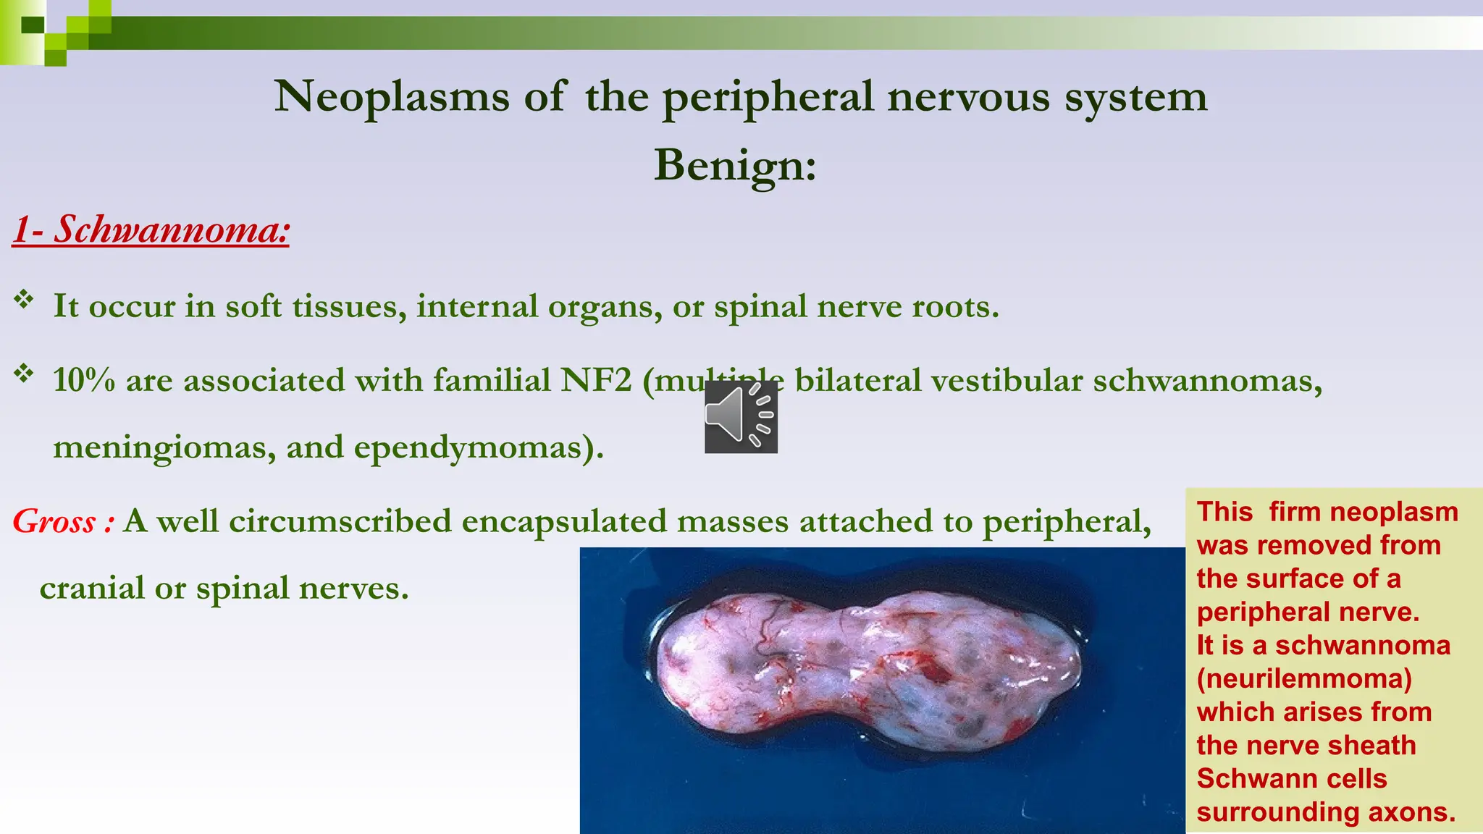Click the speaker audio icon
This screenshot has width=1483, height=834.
pos(741,416)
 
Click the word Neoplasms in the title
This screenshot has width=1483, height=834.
pos(392,96)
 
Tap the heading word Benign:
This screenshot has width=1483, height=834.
pos(735,165)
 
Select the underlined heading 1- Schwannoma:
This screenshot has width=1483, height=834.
pos(151,229)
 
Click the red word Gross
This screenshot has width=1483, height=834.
pos(54,522)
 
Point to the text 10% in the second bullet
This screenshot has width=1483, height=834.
pos(83,380)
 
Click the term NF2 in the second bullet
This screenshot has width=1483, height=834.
pos(597,380)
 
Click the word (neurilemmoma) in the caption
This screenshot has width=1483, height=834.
pos(1304,679)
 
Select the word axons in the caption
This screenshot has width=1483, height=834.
pos(1411,812)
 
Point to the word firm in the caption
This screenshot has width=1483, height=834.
pos(1295,513)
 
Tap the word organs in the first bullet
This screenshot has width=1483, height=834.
pos(605,307)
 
